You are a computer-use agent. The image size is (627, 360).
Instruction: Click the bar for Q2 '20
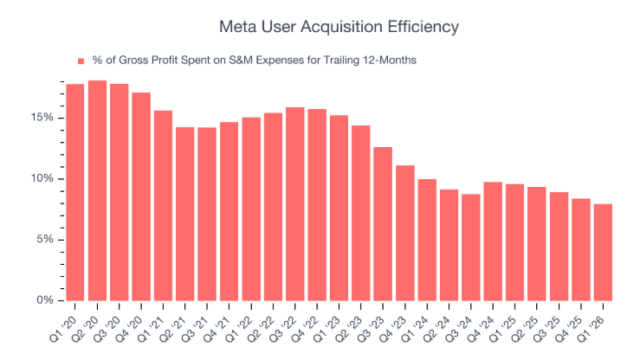pyautogui.click(x=97, y=190)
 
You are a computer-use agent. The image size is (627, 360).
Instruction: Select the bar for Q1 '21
pyautogui.click(x=163, y=205)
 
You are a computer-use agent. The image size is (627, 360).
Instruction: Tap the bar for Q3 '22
pyautogui.click(x=295, y=203)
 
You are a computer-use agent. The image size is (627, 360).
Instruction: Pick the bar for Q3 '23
pyautogui.click(x=383, y=224)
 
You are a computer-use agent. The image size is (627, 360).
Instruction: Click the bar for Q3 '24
pyautogui.click(x=470, y=247)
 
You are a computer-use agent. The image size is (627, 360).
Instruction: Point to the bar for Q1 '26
pyautogui.click(x=603, y=253)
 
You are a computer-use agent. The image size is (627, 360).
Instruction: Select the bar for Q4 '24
pyautogui.click(x=493, y=241)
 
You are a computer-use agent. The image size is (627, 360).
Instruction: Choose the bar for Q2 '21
pyautogui.click(x=185, y=214)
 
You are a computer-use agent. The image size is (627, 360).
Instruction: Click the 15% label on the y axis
pyautogui.click(x=42, y=118)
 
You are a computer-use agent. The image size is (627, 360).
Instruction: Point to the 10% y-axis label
pyautogui.click(x=42, y=178)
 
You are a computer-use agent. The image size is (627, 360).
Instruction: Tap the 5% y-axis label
pyautogui.click(x=45, y=240)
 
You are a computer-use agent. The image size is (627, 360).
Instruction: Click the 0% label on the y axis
pyautogui.click(x=45, y=300)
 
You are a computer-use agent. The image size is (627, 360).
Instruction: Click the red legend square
pyautogui.click(x=81, y=61)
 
